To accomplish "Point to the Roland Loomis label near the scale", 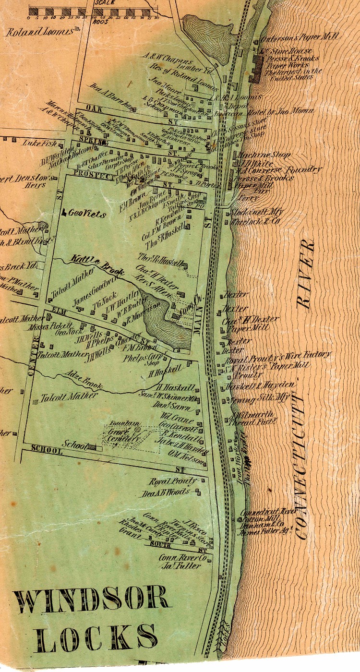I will pyautogui.click(x=40, y=32).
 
